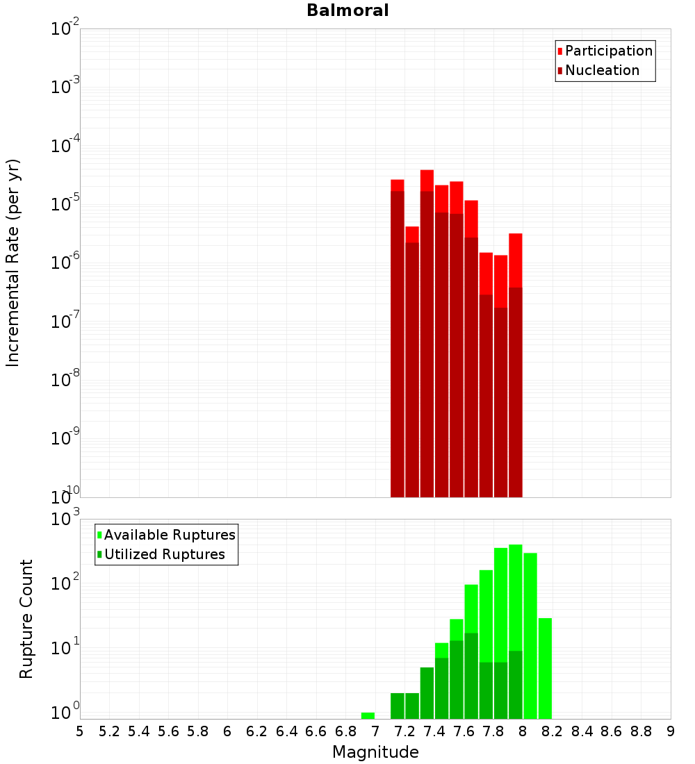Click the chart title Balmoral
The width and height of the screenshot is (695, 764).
(347, 10)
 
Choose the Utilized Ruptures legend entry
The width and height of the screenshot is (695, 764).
(164, 554)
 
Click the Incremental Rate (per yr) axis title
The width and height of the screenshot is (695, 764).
(13, 263)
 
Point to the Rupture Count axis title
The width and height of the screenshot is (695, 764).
(26, 619)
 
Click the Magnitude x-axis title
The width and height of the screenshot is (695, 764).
(375, 752)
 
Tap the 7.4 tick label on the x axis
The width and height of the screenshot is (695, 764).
(434, 731)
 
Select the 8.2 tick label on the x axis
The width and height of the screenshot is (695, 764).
(552, 731)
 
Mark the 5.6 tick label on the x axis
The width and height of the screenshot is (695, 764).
(168, 731)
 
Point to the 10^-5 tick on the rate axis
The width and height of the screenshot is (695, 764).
(63, 204)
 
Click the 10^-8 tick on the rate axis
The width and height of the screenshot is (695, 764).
(63, 380)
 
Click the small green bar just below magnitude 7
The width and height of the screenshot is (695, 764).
(368, 715)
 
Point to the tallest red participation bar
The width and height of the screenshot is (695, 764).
(427, 180)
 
